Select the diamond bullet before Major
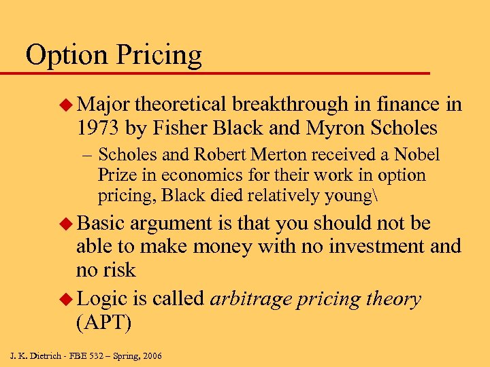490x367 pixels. tap(66, 105)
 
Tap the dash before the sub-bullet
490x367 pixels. tap(84, 156)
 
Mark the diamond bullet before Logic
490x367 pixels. tap(66, 299)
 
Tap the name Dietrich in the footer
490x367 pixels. tap(51, 355)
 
